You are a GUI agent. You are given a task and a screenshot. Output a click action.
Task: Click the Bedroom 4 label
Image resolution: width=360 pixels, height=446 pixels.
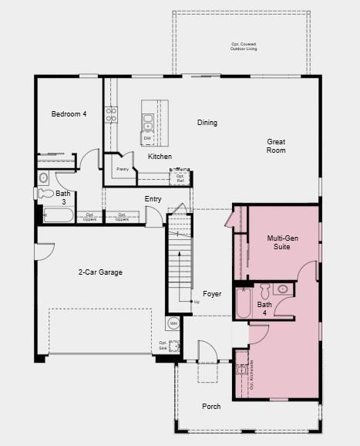click(x=69, y=114)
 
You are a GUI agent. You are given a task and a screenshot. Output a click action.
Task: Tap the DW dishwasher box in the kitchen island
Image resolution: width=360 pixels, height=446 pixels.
click(x=146, y=138)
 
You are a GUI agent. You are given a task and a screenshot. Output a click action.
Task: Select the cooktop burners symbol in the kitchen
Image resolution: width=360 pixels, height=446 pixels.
click(x=111, y=114)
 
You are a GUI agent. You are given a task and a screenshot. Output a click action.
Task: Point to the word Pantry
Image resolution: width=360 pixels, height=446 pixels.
click(x=122, y=168)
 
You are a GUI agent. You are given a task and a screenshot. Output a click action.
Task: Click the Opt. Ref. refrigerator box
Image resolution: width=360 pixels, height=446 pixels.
click(x=180, y=178)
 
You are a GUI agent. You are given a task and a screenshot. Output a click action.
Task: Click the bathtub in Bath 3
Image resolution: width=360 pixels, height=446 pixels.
click(x=58, y=216)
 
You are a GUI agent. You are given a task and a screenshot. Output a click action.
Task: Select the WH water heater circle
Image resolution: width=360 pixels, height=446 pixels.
click(x=173, y=324)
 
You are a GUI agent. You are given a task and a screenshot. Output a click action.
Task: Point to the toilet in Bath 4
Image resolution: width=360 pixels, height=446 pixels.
click(x=265, y=290)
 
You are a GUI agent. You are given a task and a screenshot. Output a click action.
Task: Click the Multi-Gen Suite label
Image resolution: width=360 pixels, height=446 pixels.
click(x=282, y=242)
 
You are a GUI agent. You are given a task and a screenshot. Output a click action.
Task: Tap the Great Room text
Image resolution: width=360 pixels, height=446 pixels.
click(x=276, y=146)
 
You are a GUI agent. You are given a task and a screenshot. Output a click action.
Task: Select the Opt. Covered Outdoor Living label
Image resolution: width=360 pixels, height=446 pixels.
click(x=244, y=46)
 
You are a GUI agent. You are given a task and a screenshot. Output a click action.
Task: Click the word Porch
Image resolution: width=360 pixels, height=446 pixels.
click(x=211, y=406)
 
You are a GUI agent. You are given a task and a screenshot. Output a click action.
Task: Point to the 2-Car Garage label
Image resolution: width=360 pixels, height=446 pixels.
click(x=100, y=272)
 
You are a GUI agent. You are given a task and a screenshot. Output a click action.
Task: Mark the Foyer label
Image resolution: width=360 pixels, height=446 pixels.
click(x=212, y=294)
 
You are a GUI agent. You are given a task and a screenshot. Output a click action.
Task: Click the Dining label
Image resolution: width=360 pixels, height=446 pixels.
click(x=207, y=123)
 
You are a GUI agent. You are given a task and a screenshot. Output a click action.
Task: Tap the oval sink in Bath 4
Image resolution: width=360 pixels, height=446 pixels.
click(x=282, y=289)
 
